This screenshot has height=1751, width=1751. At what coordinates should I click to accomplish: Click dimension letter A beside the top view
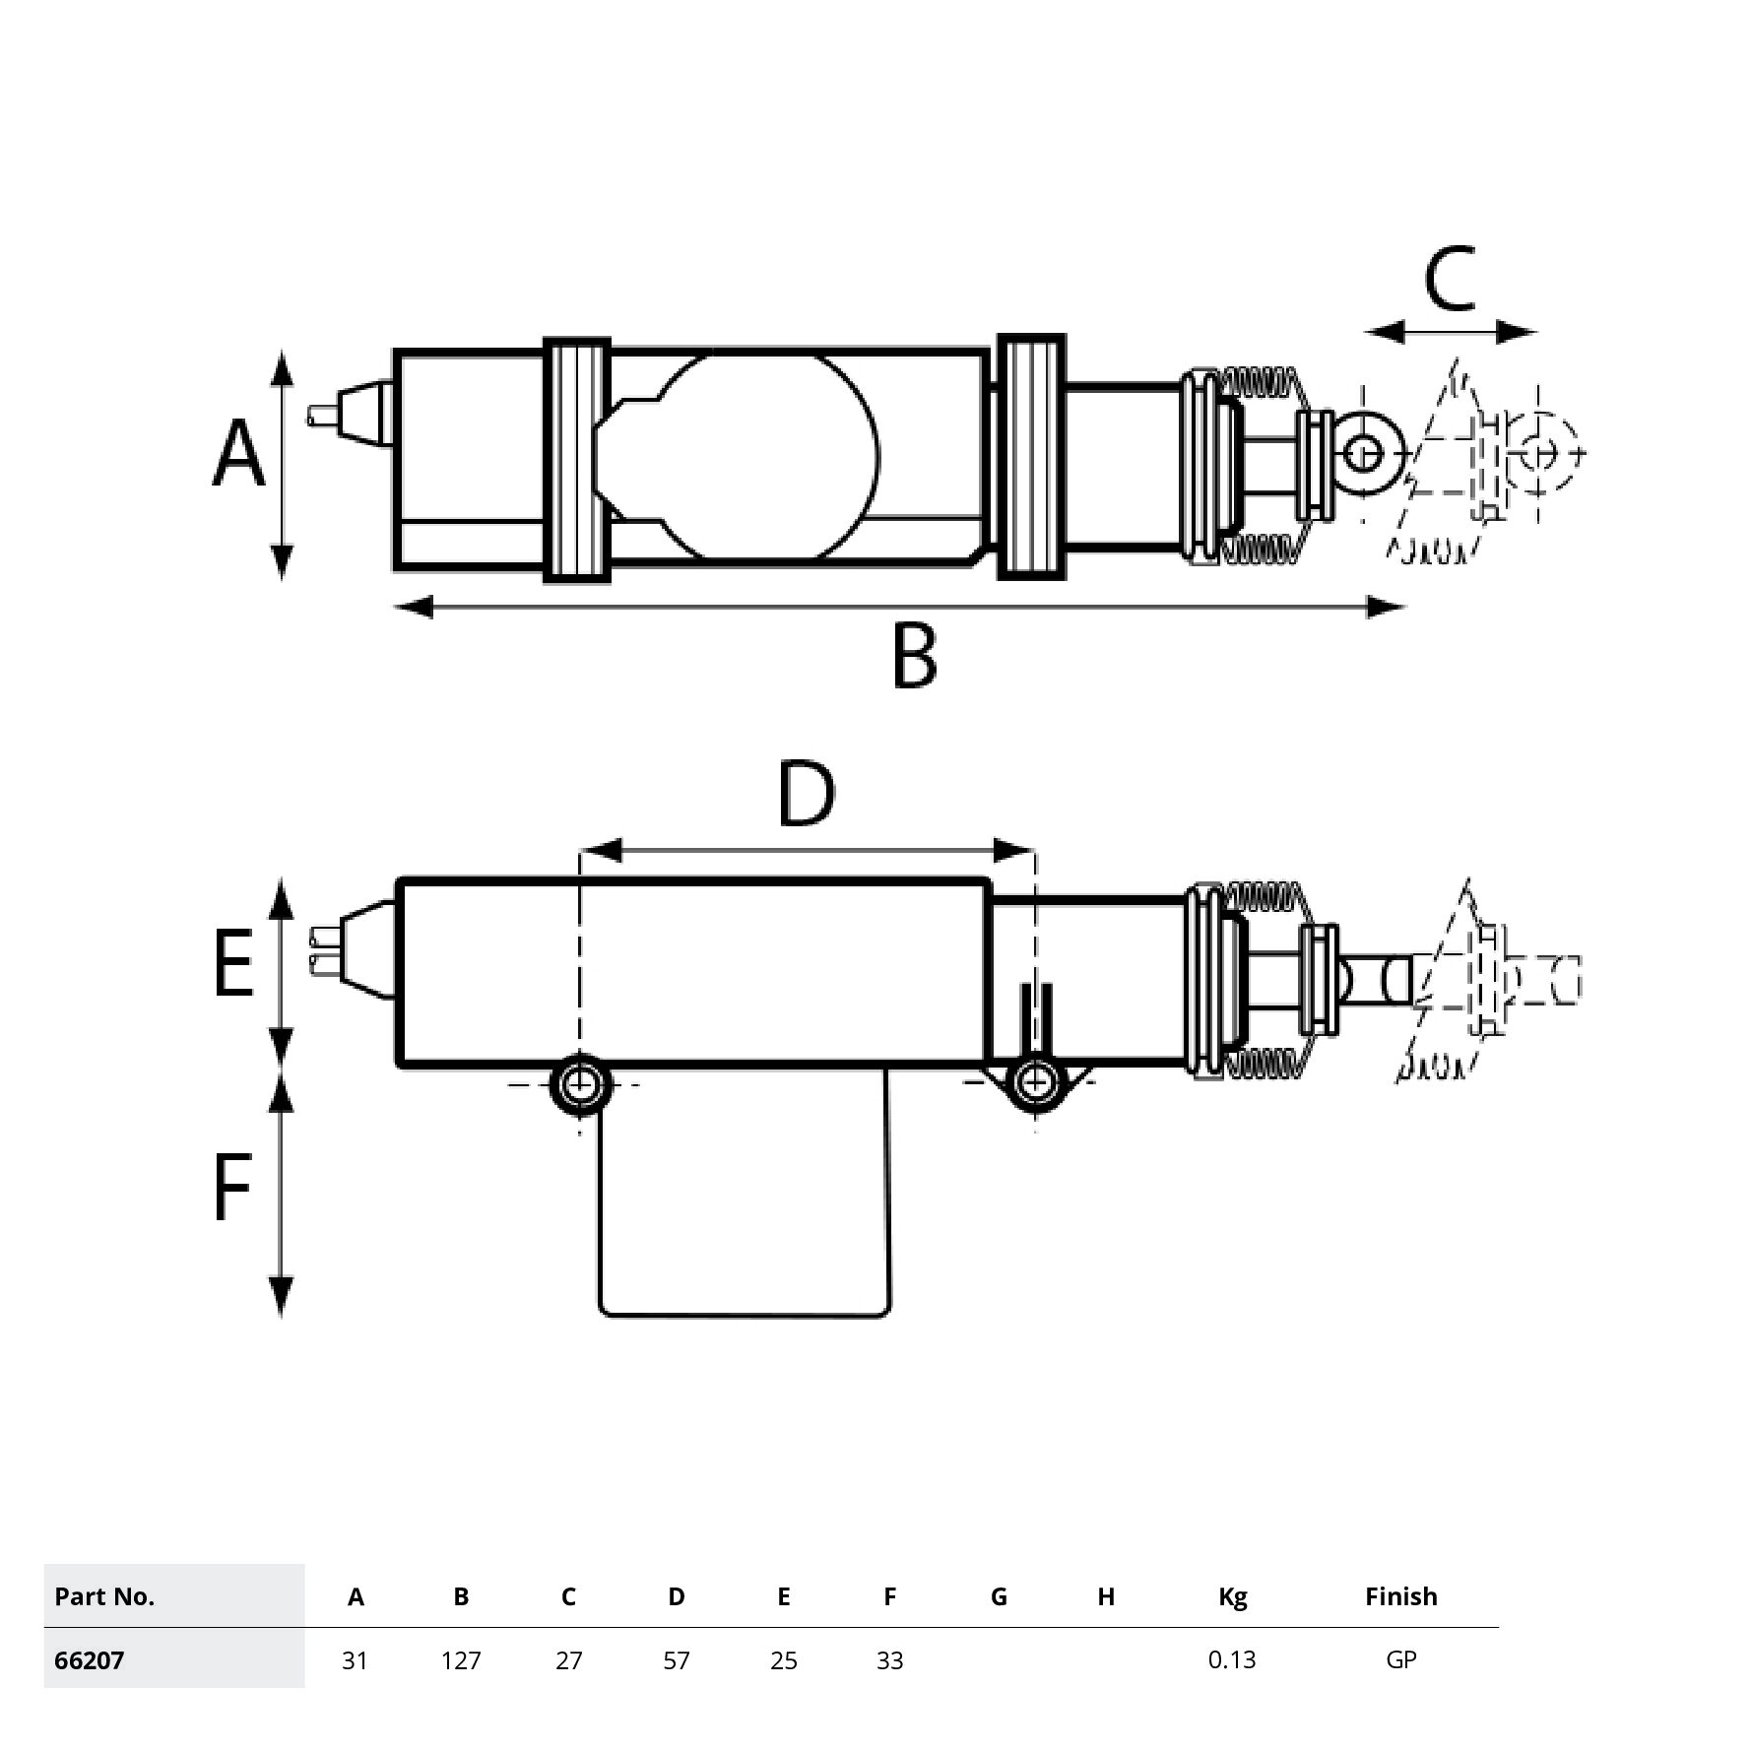pos(239,453)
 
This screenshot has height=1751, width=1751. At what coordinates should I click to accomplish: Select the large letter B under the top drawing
pos(914,655)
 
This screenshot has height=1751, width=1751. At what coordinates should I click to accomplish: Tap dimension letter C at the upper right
pos(1450,278)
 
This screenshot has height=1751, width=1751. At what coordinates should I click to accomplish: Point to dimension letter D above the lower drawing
pos(806,794)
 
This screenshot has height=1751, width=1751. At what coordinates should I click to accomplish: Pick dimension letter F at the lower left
pos(232,1188)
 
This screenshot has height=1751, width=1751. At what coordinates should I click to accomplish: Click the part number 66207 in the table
pos(90,1660)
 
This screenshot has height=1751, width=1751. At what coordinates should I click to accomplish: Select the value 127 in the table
pos(461,1660)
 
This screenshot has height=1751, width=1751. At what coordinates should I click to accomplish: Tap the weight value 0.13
pos(1232,1659)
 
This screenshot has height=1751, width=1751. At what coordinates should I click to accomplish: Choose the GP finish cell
pos(1400,1659)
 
